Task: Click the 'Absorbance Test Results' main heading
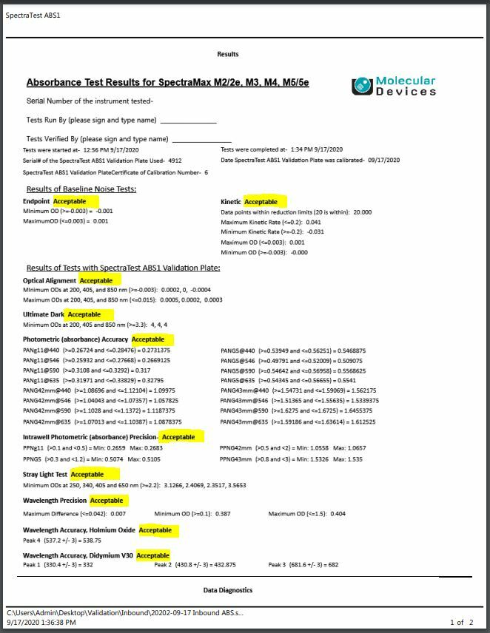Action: [167, 82]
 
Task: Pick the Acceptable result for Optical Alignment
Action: [96, 281]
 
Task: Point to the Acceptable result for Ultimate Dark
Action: [84, 315]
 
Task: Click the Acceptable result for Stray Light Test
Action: [87, 475]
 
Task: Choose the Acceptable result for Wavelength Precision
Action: [107, 501]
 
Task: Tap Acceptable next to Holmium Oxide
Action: [155, 530]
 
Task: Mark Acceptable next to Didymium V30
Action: [153, 555]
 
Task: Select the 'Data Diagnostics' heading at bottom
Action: [228, 590]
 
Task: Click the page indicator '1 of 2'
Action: [462, 623]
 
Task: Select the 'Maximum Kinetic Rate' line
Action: [271, 222]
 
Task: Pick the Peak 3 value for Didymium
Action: [303, 565]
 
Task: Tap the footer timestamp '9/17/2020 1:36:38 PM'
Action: [41, 623]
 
